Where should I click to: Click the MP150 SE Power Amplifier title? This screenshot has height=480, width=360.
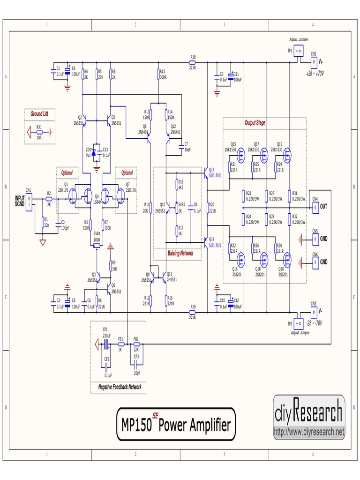tap(176, 424)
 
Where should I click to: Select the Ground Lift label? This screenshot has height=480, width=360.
tap(39, 114)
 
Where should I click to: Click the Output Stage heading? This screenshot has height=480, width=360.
tap(255, 123)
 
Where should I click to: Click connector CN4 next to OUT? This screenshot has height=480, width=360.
tap(315, 206)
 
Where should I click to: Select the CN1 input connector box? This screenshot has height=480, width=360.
tap(29, 202)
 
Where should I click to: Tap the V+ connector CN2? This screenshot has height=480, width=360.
tap(314, 61)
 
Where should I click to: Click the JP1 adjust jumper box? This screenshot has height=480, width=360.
tap(298, 51)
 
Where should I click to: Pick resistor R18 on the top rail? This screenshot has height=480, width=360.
tap(192, 62)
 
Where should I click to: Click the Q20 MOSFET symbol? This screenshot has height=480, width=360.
tap(286, 259)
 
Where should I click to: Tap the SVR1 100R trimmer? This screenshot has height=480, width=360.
tap(97, 245)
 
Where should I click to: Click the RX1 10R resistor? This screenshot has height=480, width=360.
tap(39, 133)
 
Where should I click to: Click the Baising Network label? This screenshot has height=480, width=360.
tap(180, 253)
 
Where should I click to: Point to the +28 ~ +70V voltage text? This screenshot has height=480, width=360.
tap(315, 74)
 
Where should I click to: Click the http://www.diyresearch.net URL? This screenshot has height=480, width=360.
tap(309, 432)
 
